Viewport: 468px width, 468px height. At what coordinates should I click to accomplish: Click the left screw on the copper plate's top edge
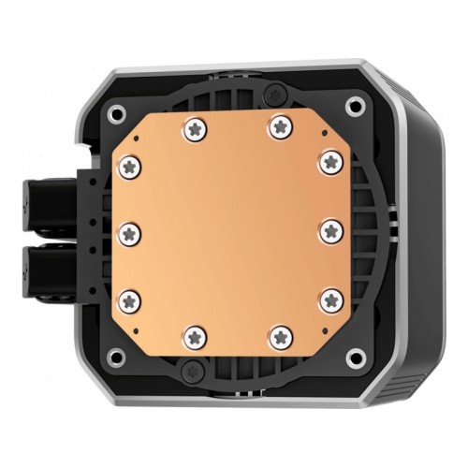point(195,127)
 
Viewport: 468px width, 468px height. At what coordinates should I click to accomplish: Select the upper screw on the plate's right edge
point(328,162)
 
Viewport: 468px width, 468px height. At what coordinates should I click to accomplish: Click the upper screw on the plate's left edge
point(128,166)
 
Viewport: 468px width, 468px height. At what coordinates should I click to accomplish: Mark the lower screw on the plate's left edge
point(129,300)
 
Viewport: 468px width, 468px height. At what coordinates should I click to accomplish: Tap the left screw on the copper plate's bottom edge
point(194,335)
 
